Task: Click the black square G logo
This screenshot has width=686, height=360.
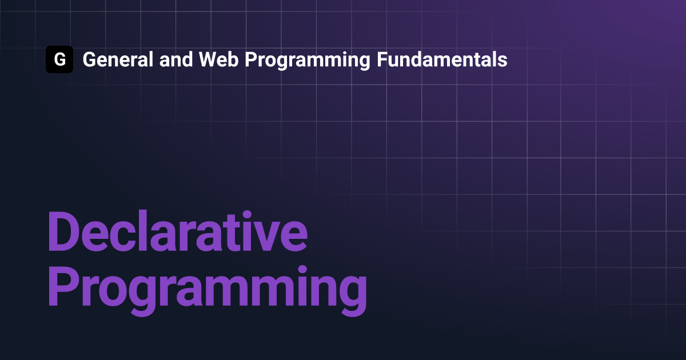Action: point(59,59)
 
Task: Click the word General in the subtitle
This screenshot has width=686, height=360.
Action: point(118,59)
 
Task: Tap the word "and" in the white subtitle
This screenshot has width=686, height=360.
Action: point(176,59)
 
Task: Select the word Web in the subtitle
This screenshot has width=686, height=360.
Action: point(218,59)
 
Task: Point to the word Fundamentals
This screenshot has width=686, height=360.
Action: point(442,59)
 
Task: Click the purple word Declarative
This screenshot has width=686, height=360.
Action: point(178,231)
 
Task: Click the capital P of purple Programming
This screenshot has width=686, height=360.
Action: point(63,286)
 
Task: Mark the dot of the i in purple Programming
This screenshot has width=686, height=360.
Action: point(302,270)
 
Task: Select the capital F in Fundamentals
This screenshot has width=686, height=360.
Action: point(382,59)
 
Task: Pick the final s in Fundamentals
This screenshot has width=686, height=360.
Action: point(502,62)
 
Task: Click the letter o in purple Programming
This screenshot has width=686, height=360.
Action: point(113,291)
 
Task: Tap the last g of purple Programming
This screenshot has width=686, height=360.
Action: point(353,296)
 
